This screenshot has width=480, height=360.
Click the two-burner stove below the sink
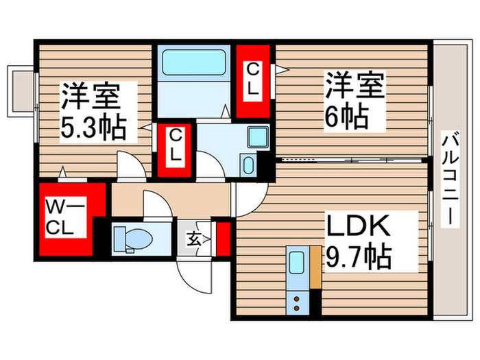(x=297, y=300)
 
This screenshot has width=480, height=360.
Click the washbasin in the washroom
(x=248, y=165)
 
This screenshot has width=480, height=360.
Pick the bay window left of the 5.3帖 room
(x=21, y=89)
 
